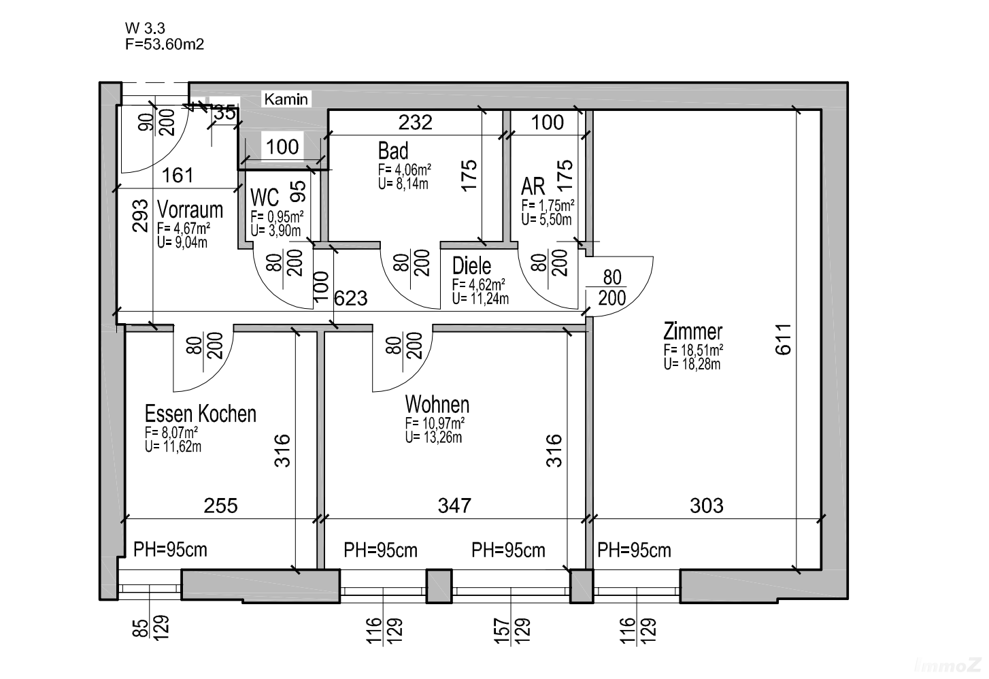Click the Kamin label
(286, 99)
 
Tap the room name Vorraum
(190, 210)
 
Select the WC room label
(265, 197)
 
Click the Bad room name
(393, 150)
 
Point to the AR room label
(533, 186)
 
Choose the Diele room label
(471, 265)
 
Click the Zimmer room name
(692, 332)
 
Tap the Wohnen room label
(437, 404)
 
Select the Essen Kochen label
(201, 414)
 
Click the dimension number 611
(784, 339)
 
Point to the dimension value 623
(352, 297)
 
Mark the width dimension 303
(706, 506)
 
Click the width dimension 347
(454, 506)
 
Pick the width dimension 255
(221, 506)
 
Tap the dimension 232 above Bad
(415, 122)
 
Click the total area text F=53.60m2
(165, 44)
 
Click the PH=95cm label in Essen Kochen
(170, 550)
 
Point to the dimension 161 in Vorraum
(178, 175)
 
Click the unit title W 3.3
(145, 28)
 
